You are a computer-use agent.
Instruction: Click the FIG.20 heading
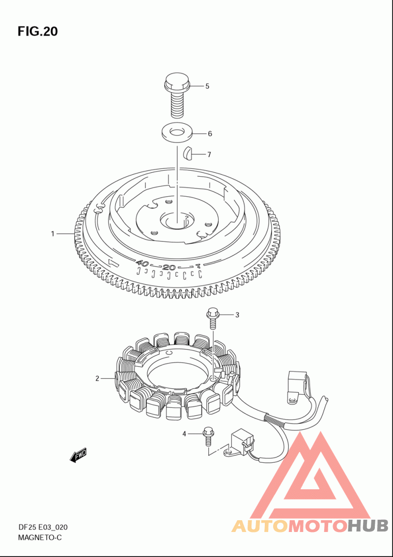point(37,31)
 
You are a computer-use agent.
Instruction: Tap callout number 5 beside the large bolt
point(207,86)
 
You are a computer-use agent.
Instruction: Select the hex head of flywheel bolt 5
point(177,81)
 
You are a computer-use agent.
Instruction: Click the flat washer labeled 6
point(177,133)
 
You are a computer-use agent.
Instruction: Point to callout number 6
point(210,133)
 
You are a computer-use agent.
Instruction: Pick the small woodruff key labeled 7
point(188,154)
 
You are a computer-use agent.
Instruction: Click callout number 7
point(209,155)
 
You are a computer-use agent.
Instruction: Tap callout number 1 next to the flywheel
point(53,234)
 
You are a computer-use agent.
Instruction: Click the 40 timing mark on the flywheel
point(142,264)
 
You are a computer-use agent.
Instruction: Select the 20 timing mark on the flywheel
point(169,267)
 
